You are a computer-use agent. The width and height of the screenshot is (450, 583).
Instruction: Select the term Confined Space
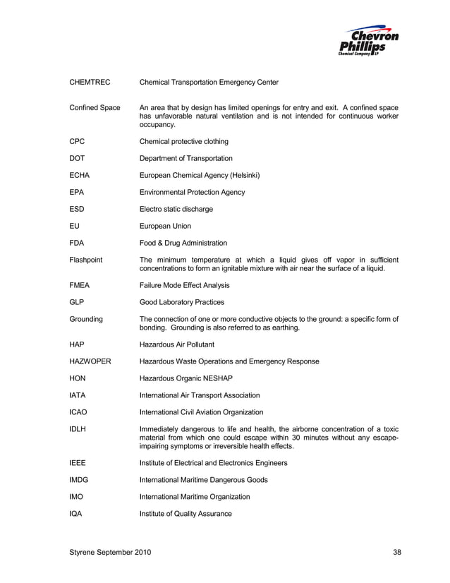(x=94, y=108)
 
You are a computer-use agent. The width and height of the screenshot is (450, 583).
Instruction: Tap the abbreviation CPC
(x=76, y=141)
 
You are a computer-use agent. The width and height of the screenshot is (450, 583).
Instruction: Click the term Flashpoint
(x=85, y=260)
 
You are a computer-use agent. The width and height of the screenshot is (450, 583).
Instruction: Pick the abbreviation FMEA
(x=79, y=285)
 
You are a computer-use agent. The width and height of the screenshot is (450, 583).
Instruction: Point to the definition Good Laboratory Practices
(x=182, y=302)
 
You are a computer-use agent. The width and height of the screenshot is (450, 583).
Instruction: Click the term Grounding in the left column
(x=85, y=319)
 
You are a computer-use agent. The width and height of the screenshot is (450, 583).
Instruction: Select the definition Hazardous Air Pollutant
(x=177, y=344)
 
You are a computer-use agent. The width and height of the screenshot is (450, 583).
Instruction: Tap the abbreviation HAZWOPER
(x=90, y=361)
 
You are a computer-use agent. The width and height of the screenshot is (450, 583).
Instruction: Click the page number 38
(x=397, y=551)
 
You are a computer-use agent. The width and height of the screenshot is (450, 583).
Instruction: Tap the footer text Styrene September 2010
(x=109, y=551)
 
